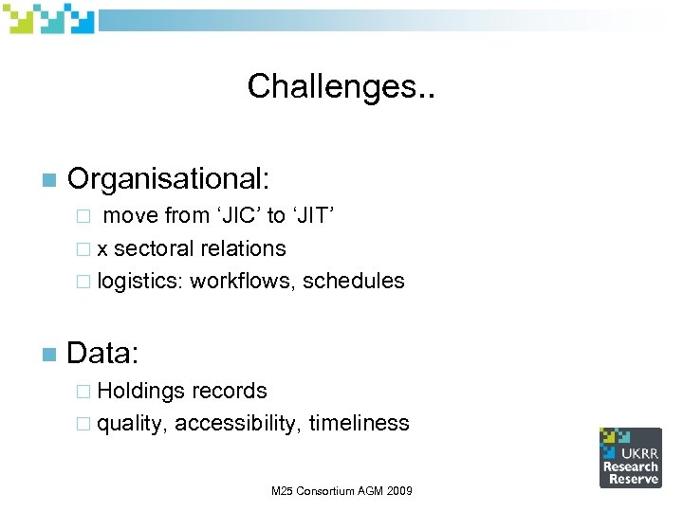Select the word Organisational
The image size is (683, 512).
point(169,177)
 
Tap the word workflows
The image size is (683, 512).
point(243,282)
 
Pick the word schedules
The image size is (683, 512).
point(354,282)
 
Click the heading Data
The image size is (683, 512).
point(103,355)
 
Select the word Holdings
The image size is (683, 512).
point(141,391)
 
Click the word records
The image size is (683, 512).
point(230,391)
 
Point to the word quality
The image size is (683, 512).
point(133,424)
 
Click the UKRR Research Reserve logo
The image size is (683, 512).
point(630,457)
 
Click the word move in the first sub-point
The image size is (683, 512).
point(131,215)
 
